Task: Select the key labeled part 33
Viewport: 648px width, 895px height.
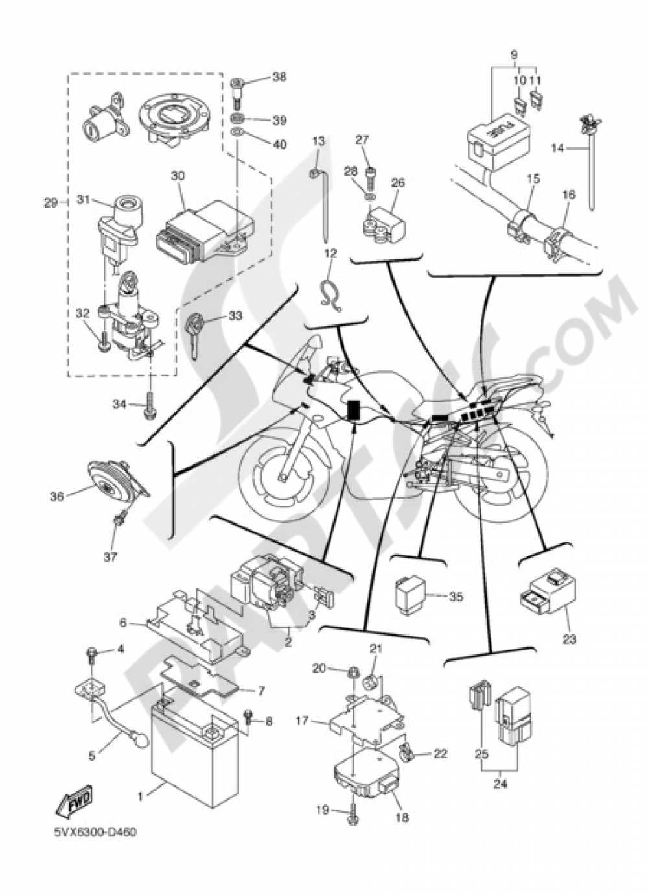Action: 195,331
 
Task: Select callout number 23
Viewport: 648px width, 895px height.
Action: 568,639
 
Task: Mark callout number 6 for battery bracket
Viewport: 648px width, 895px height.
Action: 122,623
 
